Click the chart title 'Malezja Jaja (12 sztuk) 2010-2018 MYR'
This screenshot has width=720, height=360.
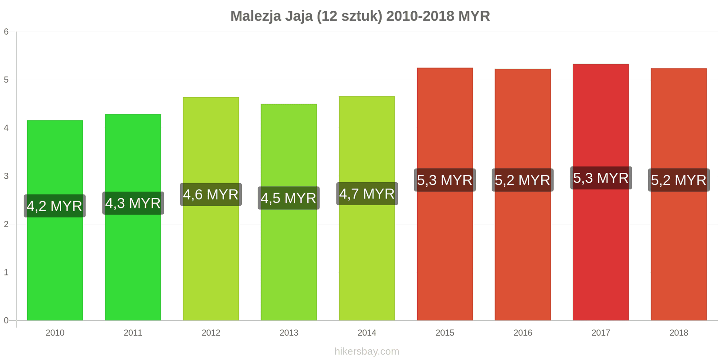(x=360, y=16)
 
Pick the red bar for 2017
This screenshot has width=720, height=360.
(x=601, y=252)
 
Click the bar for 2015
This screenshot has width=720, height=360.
(x=445, y=252)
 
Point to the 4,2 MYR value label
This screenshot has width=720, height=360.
(x=54, y=206)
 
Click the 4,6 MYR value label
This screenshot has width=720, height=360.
(x=211, y=194)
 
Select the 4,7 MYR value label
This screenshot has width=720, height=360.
(x=367, y=194)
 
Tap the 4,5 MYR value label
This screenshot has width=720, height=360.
(x=288, y=198)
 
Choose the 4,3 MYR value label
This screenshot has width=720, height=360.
(x=133, y=203)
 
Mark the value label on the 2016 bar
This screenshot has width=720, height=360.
(x=522, y=180)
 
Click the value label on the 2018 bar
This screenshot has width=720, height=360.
(x=679, y=180)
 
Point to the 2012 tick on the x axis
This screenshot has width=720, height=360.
(x=211, y=333)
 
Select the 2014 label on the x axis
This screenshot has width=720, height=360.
(x=367, y=333)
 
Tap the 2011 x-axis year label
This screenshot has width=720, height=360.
(x=133, y=333)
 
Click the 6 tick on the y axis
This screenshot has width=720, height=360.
(x=6, y=32)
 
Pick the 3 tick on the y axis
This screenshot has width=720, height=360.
(x=6, y=176)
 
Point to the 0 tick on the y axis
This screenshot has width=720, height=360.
(x=6, y=320)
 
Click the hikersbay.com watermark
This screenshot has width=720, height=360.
(x=367, y=351)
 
